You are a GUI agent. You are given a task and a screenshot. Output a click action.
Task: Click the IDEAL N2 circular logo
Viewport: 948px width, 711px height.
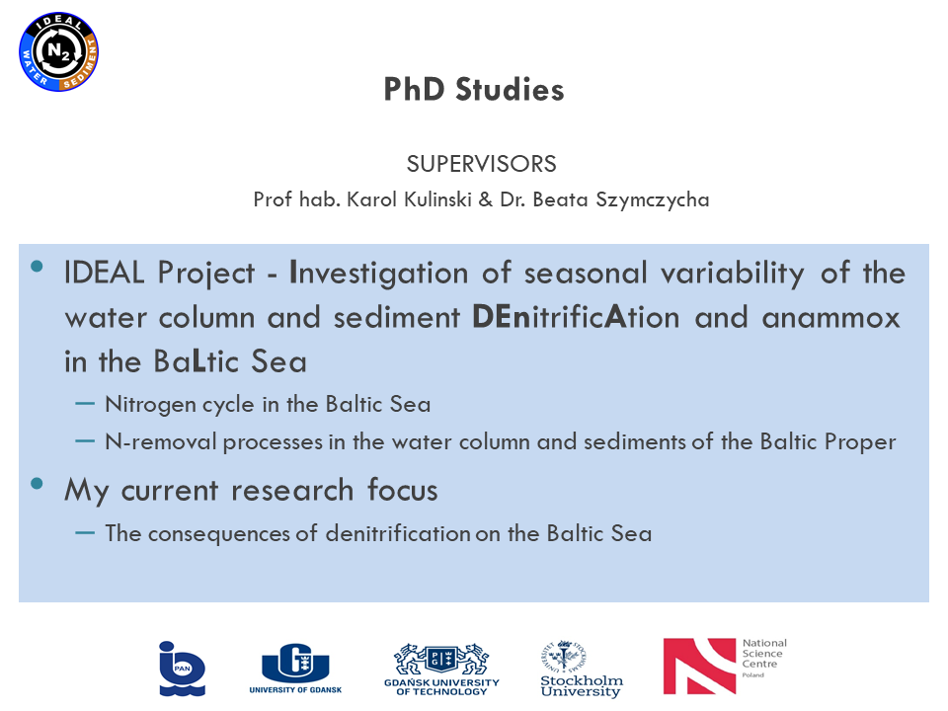(x=58, y=52)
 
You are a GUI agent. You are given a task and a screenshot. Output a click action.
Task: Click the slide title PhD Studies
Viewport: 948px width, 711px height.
(x=474, y=90)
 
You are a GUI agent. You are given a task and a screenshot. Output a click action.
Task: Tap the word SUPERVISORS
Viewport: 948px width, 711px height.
(x=481, y=164)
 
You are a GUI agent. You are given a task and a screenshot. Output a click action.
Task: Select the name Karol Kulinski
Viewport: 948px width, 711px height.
(x=409, y=199)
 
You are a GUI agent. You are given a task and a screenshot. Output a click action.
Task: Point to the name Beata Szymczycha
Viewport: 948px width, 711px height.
(x=621, y=200)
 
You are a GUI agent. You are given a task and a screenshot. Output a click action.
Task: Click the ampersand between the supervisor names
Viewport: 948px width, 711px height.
(x=486, y=199)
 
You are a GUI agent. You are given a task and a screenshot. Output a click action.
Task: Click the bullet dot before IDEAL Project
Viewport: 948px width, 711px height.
(x=37, y=266)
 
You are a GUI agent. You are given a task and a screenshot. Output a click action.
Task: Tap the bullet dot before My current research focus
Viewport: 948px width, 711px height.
(x=37, y=483)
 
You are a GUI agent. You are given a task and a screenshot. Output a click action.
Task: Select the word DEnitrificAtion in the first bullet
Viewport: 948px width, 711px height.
(x=576, y=317)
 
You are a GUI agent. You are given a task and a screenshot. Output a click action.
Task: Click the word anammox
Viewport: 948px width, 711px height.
(x=831, y=317)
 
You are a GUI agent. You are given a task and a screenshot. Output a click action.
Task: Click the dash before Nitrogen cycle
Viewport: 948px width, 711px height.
(x=85, y=404)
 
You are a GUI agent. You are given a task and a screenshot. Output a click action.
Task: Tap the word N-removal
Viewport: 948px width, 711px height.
(x=160, y=442)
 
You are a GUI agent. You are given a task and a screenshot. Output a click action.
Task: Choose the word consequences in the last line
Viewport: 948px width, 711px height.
(x=219, y=534)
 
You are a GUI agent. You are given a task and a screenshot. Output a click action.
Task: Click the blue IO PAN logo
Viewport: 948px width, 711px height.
(x=182, y=669)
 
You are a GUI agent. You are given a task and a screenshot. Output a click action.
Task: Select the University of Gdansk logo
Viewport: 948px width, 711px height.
(x=295, y=669)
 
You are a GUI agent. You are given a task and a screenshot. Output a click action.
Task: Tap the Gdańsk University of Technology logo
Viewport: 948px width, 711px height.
(x=442, y=670)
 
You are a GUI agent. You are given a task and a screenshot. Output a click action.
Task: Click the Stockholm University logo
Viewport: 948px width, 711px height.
(x=581, y=669)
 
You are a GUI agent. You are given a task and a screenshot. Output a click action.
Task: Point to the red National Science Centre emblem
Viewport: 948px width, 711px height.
(x=699, y=667)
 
